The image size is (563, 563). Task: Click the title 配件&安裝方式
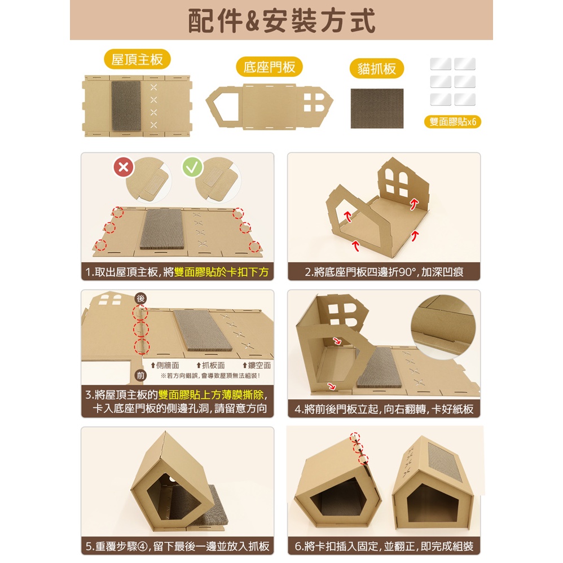click(281, 21)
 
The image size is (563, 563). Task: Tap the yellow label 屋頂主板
click(137, 59)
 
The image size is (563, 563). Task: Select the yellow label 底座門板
click(269, 67)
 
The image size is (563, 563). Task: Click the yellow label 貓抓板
click(377, 68)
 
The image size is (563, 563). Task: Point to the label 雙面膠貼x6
click(452, 122)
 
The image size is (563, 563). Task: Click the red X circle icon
click(124, 167)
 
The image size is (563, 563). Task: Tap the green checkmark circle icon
click(192, 167)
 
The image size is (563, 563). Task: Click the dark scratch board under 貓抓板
click(377, 108)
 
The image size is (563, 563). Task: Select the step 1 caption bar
click(177, 272)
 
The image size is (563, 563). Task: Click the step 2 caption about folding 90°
click(384, 272)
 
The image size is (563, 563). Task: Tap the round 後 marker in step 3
click(140, 298)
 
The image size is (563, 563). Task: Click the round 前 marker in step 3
click(140, 376)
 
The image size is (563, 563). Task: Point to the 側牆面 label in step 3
click(165, 365)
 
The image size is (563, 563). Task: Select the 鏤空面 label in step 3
click(257, 365)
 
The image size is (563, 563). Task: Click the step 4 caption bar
click(384, 409)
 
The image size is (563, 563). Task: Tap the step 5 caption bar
click(177, 546)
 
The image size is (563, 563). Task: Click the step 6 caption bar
click(384, 546)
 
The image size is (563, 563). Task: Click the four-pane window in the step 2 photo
click(397, 183)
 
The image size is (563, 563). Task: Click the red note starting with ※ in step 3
click(210, 376)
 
